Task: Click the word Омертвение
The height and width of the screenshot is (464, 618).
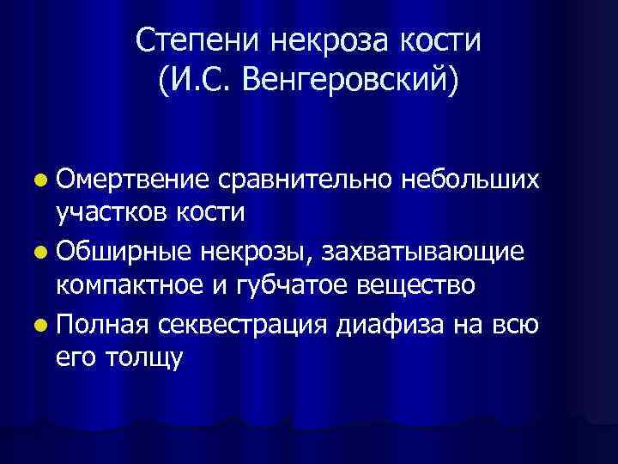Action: [x=131, y=180]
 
